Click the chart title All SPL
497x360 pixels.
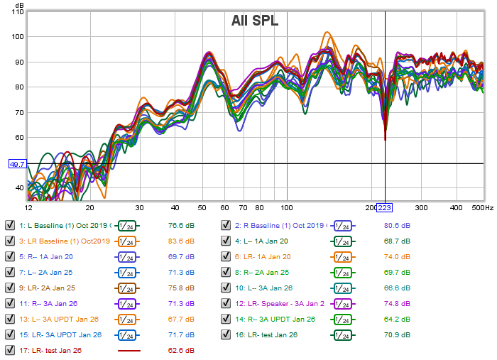(x=255, y=21)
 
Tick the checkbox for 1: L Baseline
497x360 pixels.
(x=10, y=225)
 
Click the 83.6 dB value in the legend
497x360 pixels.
(x=181, y=241)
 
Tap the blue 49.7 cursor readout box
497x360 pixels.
(x=17, y=164)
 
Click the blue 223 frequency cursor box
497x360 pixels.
(x=384, y=207)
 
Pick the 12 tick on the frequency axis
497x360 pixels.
(x=28, y=208)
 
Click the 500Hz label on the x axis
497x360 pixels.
(x=481, y=208)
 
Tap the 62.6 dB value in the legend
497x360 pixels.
(x=181, y=350)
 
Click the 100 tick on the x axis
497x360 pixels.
(x=286, y=208)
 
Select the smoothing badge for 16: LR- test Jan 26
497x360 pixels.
(x=342, y=334)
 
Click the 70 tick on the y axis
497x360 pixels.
(x=17, y=113)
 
